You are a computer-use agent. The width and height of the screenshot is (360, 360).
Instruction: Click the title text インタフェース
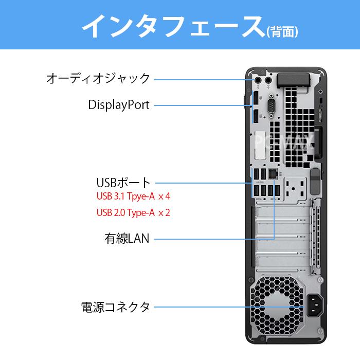coord(173,26)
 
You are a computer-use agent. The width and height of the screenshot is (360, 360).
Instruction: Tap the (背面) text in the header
coord(282,31)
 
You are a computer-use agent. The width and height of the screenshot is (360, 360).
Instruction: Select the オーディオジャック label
coord(98,78)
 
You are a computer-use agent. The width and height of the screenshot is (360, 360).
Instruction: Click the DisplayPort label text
coord(119,105)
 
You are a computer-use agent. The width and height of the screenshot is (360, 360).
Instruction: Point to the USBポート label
coord(123,183)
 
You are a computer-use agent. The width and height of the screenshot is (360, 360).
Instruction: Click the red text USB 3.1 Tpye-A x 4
coord(133,196)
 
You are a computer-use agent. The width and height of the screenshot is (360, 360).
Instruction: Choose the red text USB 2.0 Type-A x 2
coord(133,212)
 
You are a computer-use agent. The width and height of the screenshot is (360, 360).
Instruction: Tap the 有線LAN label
coord(127,238)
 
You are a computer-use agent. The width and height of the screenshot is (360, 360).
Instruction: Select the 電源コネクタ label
coord(116,307)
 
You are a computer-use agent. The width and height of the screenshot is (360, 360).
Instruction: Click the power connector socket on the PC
coord(315,305)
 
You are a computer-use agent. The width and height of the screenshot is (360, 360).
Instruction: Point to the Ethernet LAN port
coord(273,173)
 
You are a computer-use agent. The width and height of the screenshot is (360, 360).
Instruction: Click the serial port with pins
coord(272,106)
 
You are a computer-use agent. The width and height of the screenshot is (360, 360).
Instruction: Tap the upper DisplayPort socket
coord(256,98)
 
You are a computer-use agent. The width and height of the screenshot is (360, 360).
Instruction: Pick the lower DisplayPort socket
coord(256,116)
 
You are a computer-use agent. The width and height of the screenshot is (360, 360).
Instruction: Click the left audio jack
coord(258,80)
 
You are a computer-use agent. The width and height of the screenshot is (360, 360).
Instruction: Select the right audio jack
coord(268,80)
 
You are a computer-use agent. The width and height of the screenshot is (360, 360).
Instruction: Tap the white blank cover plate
coord(260,145)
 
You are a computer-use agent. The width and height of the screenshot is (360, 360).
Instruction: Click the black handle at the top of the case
coord(294,81)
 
